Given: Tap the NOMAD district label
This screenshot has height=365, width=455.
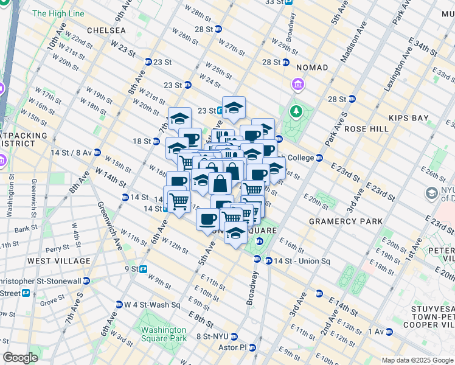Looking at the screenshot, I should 312,68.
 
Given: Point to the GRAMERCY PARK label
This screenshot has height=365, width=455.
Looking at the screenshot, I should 346,221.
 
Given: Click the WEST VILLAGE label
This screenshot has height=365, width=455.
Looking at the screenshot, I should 59,261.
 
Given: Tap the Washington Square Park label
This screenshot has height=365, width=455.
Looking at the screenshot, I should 163,335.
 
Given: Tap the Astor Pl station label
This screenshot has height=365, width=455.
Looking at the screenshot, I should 233,347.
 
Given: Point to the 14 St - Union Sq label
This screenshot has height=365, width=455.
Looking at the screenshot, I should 301,261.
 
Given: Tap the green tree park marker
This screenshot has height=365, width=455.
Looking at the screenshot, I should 296,111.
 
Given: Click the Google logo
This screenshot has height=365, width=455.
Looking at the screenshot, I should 21,358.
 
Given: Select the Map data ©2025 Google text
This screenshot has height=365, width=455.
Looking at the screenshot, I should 417,360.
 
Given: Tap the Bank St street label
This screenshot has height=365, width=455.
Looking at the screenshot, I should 27,229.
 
